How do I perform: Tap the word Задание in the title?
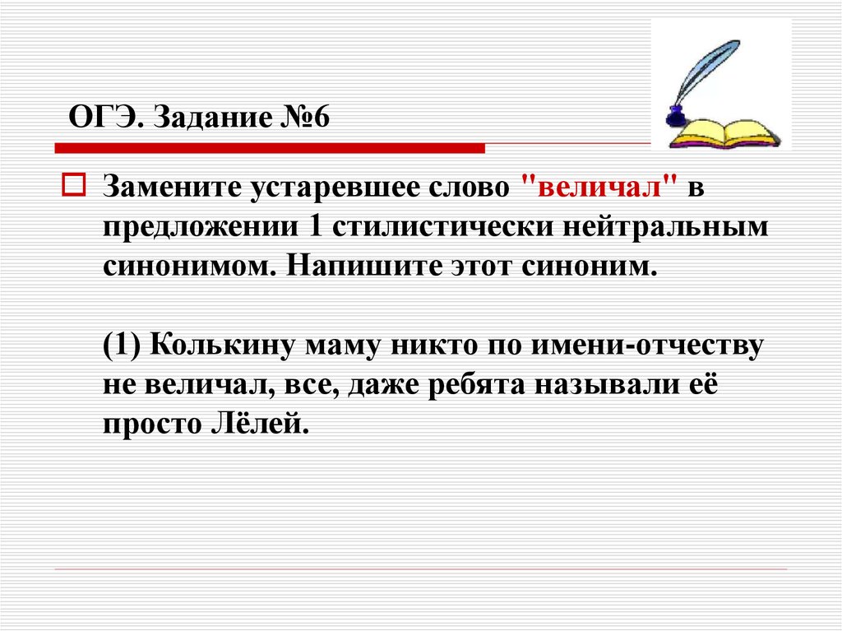coord(212,118)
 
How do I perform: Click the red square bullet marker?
coord(74,184)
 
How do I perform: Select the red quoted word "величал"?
coord(599,187)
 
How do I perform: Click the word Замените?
coord(172,187)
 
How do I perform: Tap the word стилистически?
coord(442,227)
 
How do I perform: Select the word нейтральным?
coord(665,227)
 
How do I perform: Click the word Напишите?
coord(363,266)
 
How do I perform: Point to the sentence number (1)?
coord(122,345)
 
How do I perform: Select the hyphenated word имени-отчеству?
coord(647,345)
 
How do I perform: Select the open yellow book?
coord(725,134)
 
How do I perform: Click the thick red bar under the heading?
coord(270,148)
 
